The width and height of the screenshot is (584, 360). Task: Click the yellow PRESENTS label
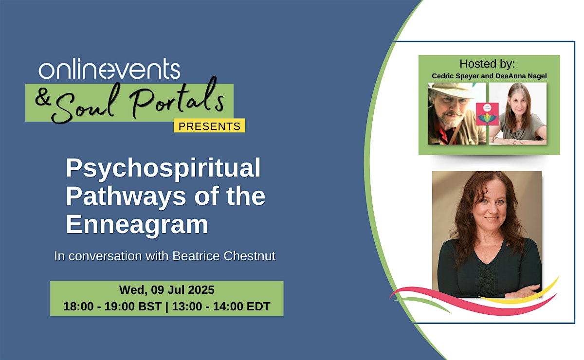point(209,126)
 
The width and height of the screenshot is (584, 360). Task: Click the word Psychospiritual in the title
point(163,168)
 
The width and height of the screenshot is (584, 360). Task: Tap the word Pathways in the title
point(126,197)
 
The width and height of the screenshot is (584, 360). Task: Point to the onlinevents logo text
point(109,69)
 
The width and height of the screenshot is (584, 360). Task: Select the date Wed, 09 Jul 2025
point(167,290)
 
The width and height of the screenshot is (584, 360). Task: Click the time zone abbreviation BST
point(150,306)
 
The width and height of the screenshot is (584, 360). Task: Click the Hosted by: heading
point(487,64)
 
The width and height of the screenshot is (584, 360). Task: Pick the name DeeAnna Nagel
point(521,76)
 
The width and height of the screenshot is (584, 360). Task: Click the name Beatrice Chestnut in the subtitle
point(224,256)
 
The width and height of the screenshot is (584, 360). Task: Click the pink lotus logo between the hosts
point(487,114)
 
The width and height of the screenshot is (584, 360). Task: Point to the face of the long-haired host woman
point(519,103)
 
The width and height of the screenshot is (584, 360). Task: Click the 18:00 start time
point(78,306)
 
